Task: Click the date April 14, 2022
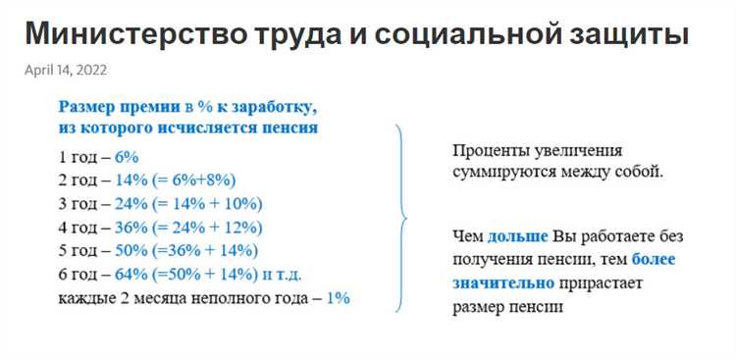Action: tap(66, 71)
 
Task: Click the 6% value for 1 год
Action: tap(128, 157)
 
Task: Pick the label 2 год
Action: tap(79, 180)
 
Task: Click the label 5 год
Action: tap(79, 251)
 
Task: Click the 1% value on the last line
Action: tap(338, 298)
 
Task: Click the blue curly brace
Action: tap(400, 217)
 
